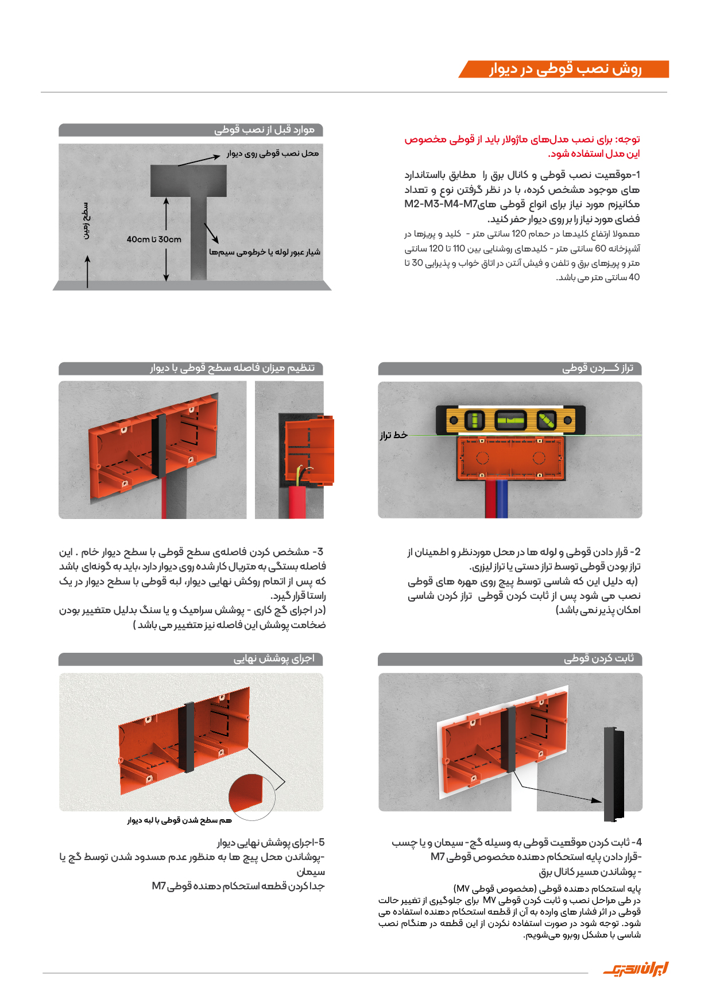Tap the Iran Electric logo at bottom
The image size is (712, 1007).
pos(636,970)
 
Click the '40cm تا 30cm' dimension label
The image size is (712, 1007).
pos(154,239)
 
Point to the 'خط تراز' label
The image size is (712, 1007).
pos(393,435)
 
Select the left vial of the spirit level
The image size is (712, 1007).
pos(474,420)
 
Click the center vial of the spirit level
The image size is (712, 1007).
pos(510,420)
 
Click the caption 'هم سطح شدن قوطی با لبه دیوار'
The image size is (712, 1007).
pos(180,820)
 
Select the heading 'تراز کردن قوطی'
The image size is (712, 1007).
pos(597,369)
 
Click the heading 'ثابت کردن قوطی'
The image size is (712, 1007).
pos(598,659)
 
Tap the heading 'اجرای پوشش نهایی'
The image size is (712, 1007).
pos(274,659)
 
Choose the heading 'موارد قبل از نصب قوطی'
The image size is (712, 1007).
pos(265,130)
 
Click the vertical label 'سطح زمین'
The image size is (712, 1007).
pos(86,220)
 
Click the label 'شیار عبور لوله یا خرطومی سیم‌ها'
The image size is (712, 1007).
pos(265,252)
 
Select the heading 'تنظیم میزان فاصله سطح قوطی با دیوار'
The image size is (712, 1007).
pos(233,368)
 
